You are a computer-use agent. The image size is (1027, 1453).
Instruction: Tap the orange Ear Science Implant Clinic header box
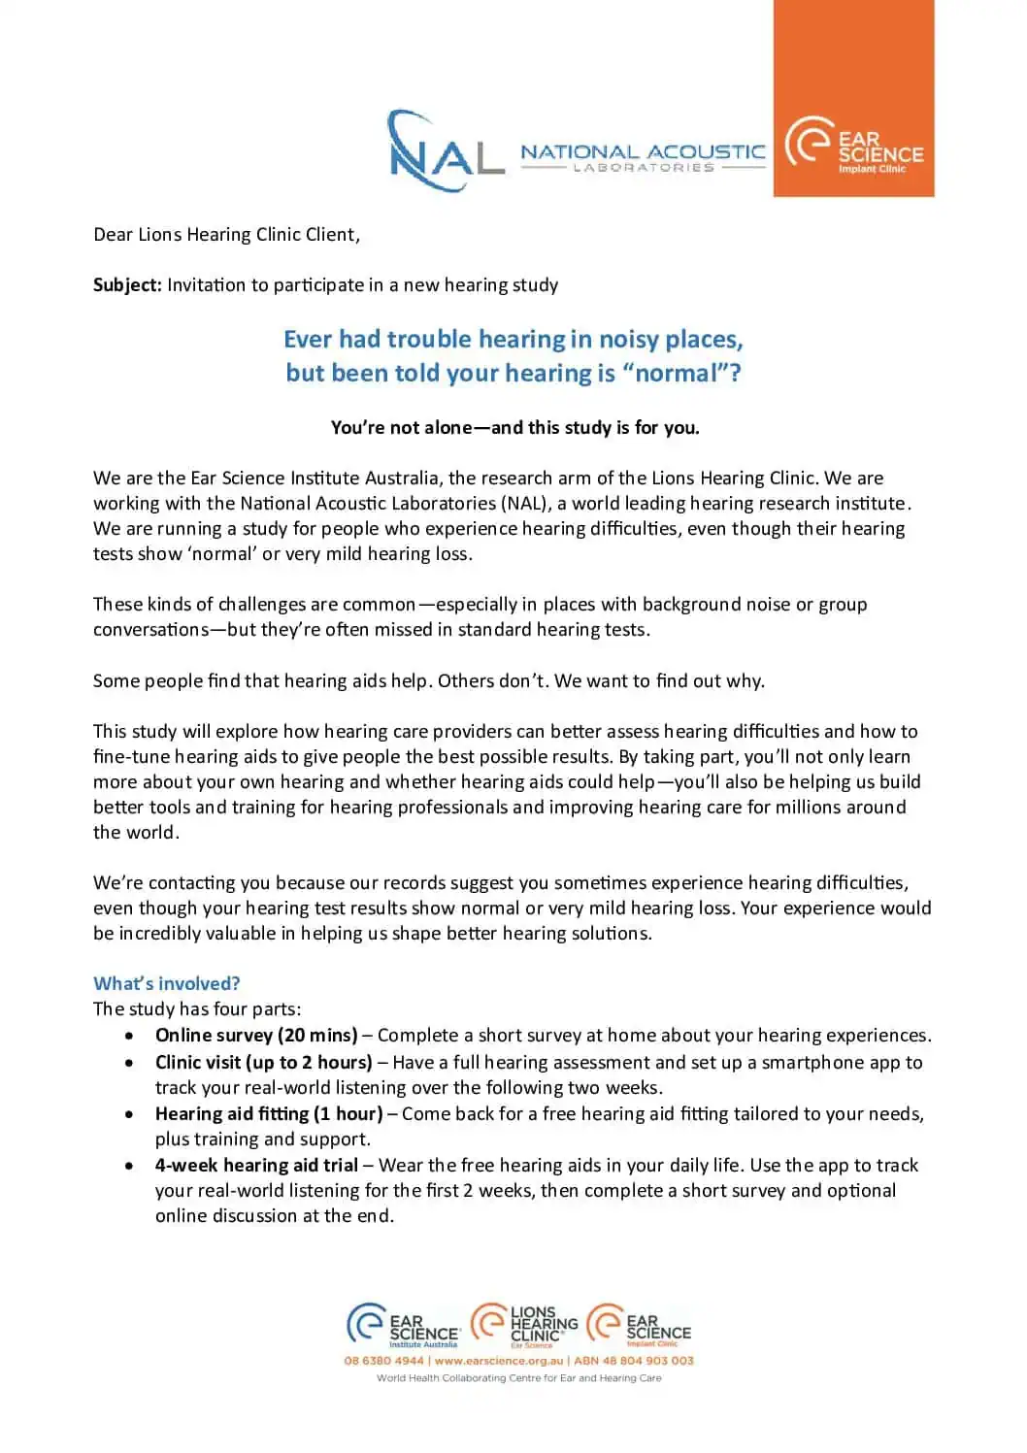point(853,99)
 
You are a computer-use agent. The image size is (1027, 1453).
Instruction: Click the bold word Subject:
point(127,285)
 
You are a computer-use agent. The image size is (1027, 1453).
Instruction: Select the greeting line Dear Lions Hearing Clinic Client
point(226,235)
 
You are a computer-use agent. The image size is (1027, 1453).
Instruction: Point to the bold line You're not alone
point(514,428)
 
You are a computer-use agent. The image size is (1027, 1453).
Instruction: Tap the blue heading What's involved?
point(167,984)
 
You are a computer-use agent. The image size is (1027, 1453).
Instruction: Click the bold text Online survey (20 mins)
point(256,1036)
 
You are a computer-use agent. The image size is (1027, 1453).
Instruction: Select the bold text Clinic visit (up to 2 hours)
point(264,1063)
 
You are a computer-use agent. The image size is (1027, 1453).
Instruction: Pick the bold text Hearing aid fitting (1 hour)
point(269,1114)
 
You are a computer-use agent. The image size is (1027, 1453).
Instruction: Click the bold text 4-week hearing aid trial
point(256,1166)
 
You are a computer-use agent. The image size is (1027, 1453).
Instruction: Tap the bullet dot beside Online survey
point(129,1037)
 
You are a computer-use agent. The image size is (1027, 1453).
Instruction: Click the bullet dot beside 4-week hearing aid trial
point(129,1166)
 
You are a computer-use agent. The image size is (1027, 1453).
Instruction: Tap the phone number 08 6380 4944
point(383,1361)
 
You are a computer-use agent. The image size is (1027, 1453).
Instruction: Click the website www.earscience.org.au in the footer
point(499,1361)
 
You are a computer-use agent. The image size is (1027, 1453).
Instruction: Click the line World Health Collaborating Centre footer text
point(518,1378)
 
